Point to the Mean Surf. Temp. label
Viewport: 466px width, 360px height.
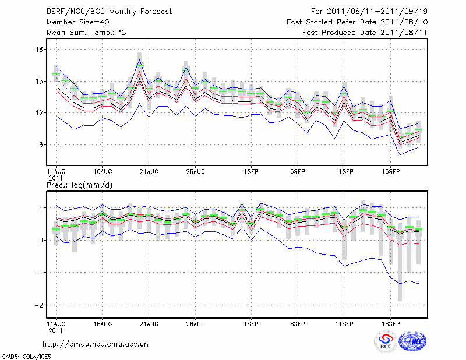coord(86,33)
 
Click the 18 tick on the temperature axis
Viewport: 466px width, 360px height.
coord(40,50)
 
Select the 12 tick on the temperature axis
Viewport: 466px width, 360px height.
coord(40,113)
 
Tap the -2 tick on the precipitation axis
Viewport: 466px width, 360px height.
coord(39,305)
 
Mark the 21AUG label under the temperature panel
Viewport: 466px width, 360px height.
coord(149,172)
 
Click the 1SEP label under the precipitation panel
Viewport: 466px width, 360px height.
coord(251,323)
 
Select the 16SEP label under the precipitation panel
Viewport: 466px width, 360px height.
coord(390,323)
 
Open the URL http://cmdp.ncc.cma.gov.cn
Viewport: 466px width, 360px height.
coord(96,344)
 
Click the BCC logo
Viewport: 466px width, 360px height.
coord(385,342)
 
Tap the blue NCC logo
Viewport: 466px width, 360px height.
coord(412,342)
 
